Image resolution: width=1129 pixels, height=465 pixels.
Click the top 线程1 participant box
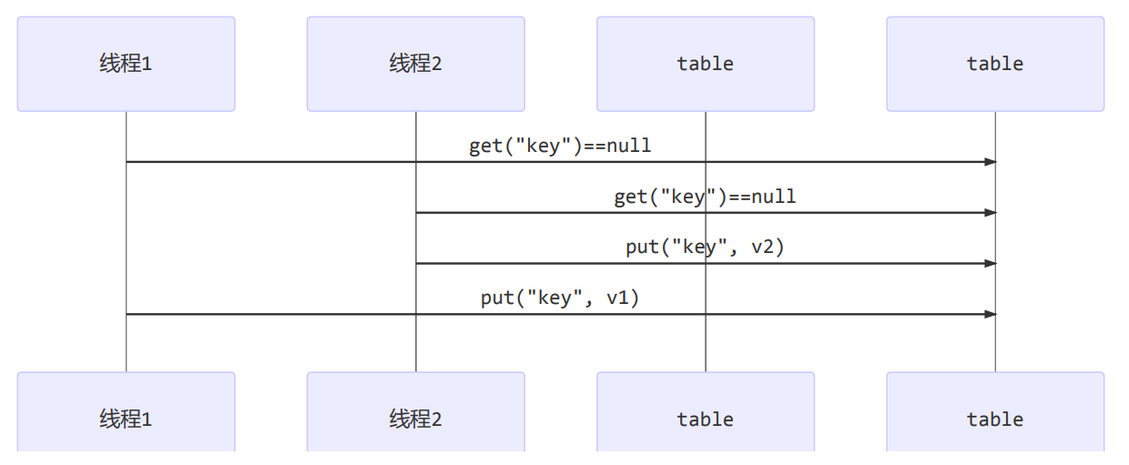[126, 64]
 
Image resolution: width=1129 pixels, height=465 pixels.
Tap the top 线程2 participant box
[415, 64]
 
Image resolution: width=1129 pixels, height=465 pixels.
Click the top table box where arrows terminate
[994, 64]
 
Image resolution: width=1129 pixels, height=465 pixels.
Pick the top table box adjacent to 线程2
[705, 64]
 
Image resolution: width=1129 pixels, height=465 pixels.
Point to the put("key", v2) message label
[705, 247]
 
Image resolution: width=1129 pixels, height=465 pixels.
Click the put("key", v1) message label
[560, 298]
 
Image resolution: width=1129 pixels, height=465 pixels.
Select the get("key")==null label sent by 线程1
[560, 146]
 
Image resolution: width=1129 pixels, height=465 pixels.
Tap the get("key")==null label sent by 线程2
[705, 197]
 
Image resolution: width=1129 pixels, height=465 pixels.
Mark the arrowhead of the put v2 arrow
[991, 264]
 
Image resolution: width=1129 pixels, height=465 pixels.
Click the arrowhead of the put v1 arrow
[991, 314]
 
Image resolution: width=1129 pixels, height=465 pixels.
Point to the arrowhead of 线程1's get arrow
[991, 162]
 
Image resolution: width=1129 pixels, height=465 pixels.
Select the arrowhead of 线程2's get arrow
[991, 213]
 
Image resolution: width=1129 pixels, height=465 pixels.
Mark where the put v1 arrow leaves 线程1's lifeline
[127, 314]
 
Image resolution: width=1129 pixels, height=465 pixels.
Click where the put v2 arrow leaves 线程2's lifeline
[416, 264]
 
